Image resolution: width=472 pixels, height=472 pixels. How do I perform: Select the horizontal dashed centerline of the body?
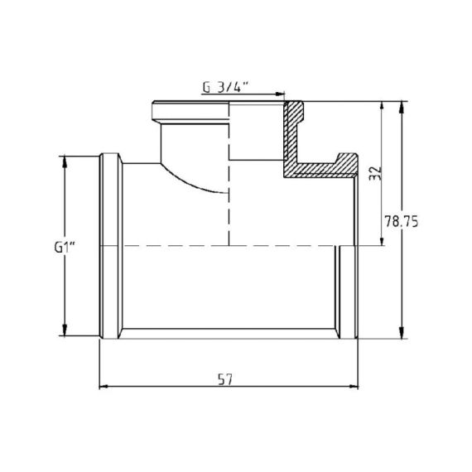[x=224, y=246]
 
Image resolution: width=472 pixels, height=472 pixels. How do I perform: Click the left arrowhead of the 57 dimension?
[x=104, y=386]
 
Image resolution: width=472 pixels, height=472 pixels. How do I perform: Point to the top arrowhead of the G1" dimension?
[x=65, y=160]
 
